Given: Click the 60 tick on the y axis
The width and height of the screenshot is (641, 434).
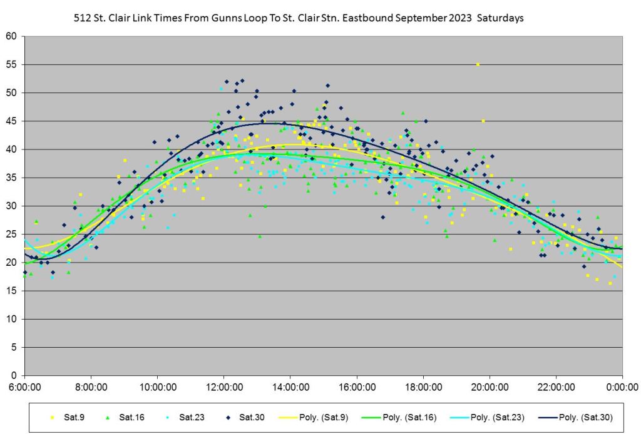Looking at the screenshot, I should [11, 36].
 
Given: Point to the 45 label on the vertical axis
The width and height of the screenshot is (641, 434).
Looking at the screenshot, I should [11, 121].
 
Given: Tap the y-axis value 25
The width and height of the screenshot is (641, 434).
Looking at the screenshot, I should [11, 234].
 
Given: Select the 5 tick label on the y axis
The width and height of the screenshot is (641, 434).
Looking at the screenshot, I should [14, 347].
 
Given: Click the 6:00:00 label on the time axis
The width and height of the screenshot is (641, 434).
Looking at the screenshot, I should [24, 387].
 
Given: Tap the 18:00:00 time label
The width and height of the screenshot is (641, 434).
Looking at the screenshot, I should [423, 387].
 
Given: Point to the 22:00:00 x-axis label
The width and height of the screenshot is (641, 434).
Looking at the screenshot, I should [556, 387].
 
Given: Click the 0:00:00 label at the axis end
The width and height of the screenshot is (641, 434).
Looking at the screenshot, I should [622, 387].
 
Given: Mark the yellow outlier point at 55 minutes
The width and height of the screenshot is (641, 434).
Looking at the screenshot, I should [478, 64].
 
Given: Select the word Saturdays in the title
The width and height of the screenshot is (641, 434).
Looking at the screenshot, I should [500, 19].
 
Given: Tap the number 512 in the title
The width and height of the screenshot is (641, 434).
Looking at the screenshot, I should [81, 19].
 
